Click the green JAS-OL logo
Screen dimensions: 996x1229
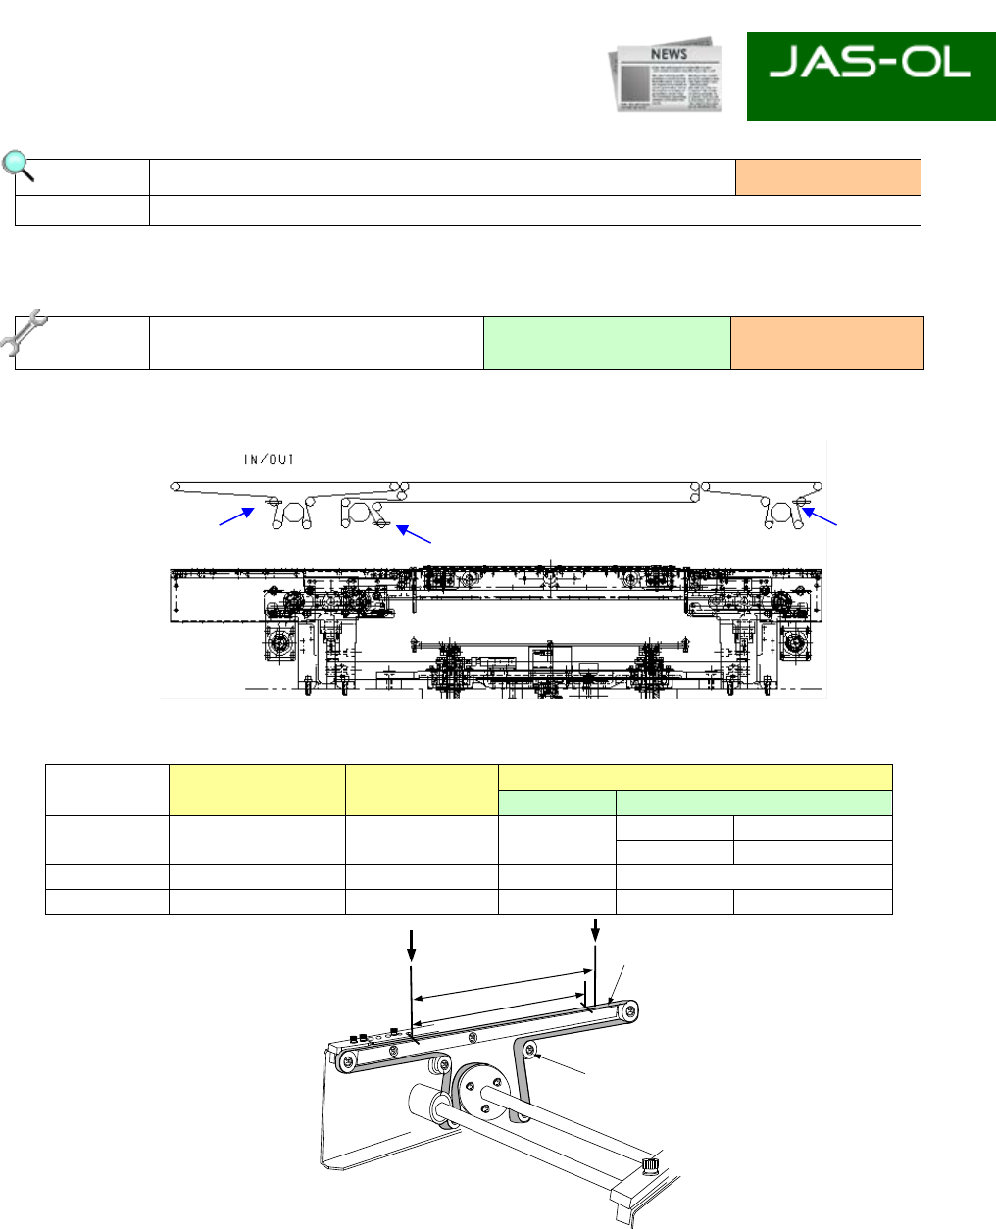871,76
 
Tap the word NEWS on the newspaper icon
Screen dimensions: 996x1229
669,54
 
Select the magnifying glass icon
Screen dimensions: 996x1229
18,167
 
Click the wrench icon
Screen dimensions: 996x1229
24,332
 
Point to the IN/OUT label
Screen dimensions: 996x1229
269,460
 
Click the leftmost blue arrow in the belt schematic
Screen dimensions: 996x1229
236,516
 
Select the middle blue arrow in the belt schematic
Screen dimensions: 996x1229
413,534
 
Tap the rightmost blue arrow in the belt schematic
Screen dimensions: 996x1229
820,516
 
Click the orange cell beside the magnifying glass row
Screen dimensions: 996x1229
828,177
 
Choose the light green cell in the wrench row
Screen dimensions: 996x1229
607,343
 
